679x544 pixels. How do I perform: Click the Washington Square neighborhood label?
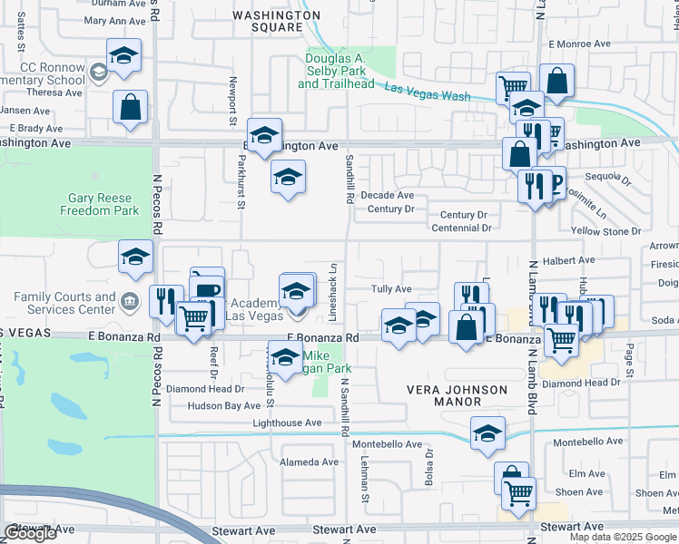point(276,21)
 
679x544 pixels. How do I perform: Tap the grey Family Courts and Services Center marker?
point(131,300)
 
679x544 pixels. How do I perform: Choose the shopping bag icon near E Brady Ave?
point(131,107)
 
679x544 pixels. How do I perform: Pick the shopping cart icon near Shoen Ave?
point(518,493)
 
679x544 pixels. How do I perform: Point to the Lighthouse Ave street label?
point(287,423)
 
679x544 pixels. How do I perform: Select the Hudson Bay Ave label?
point(224,406)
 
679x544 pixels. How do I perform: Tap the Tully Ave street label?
point(391,288)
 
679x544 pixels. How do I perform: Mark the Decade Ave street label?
point(387,195)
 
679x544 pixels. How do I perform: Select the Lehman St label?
point(366,479)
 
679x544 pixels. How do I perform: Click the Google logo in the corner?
point(30,533)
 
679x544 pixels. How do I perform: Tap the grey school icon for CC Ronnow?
point(98,70)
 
